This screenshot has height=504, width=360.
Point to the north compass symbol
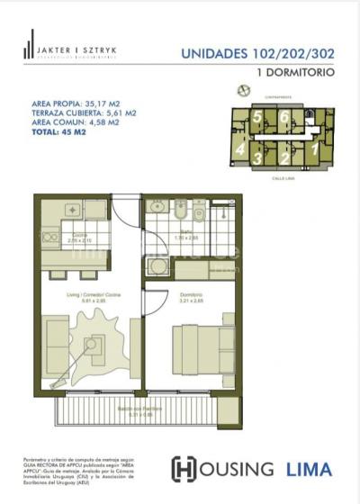(240, 89)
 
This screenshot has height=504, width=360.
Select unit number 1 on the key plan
(314, 149)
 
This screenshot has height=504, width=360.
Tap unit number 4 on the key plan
(241, 149)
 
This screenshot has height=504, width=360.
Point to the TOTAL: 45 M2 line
(59, 131)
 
